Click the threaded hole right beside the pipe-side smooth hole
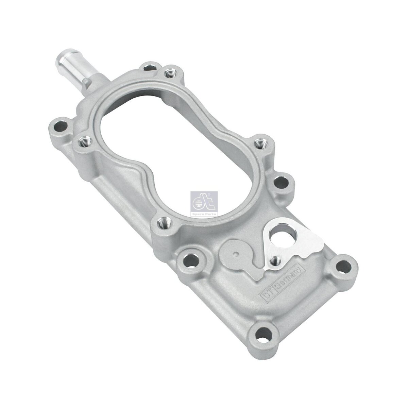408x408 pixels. [x=169, y=73]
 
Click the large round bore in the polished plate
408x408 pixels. [x=281, y=237]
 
